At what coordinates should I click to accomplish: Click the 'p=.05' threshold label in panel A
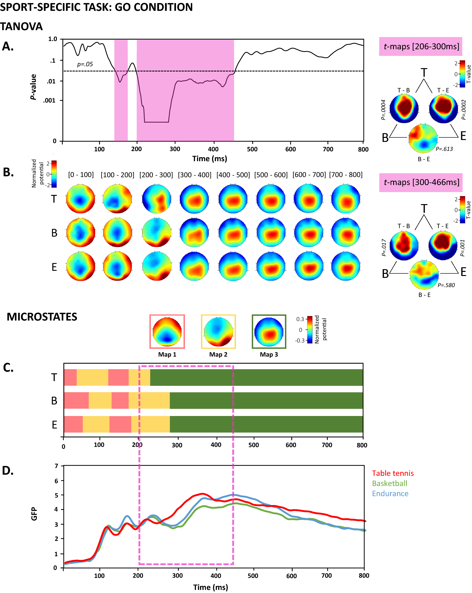85,64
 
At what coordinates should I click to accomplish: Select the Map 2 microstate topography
218,331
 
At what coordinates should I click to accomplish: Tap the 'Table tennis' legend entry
392,473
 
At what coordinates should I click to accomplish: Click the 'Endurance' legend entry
390,494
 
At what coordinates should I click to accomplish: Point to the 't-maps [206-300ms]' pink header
420,46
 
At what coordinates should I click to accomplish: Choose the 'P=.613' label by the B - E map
444,149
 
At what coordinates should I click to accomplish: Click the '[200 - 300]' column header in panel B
156,175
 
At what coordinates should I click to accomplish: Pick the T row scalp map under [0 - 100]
80,199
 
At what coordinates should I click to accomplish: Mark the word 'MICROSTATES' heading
42,317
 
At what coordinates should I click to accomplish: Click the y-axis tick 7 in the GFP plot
56,466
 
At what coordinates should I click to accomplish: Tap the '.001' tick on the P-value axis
49,101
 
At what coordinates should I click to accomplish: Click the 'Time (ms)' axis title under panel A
209,159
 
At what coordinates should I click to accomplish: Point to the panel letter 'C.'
8,368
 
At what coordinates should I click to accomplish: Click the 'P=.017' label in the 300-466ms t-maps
384,247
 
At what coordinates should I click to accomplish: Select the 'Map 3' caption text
268,354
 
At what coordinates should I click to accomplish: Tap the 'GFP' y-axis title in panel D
34,514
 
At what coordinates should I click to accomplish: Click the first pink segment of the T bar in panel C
70,377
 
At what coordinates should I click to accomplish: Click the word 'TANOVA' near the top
21,27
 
